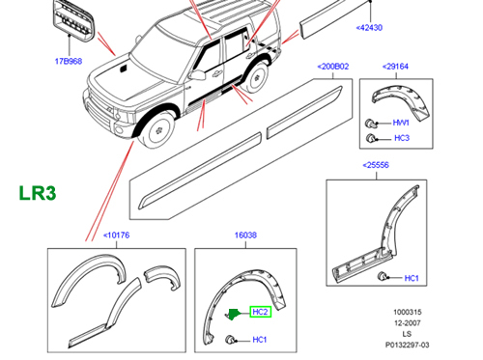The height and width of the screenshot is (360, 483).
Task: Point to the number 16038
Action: point(246,234)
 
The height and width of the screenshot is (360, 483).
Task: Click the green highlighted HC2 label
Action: point(260,312)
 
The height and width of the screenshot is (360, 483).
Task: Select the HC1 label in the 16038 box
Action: point(260,339)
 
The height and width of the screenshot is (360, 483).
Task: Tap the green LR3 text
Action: point(38,192)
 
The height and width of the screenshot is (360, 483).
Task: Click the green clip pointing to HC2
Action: point(234,313)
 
